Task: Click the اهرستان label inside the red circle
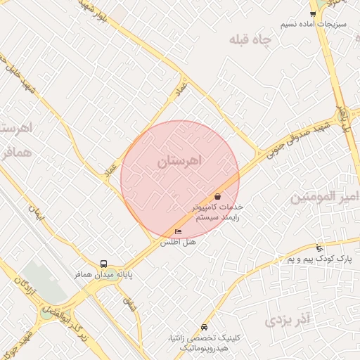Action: point(179,162)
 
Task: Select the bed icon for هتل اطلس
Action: point(178,231)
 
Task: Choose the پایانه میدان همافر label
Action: point(105,275)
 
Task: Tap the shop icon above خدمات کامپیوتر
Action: point(217,197)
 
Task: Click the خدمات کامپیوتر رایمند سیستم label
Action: point(217,212)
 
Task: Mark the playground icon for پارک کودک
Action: point(320,247)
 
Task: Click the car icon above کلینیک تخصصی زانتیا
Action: point(204,327)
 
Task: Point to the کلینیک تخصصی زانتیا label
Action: point(210,342)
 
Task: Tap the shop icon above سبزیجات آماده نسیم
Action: point(313,13)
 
